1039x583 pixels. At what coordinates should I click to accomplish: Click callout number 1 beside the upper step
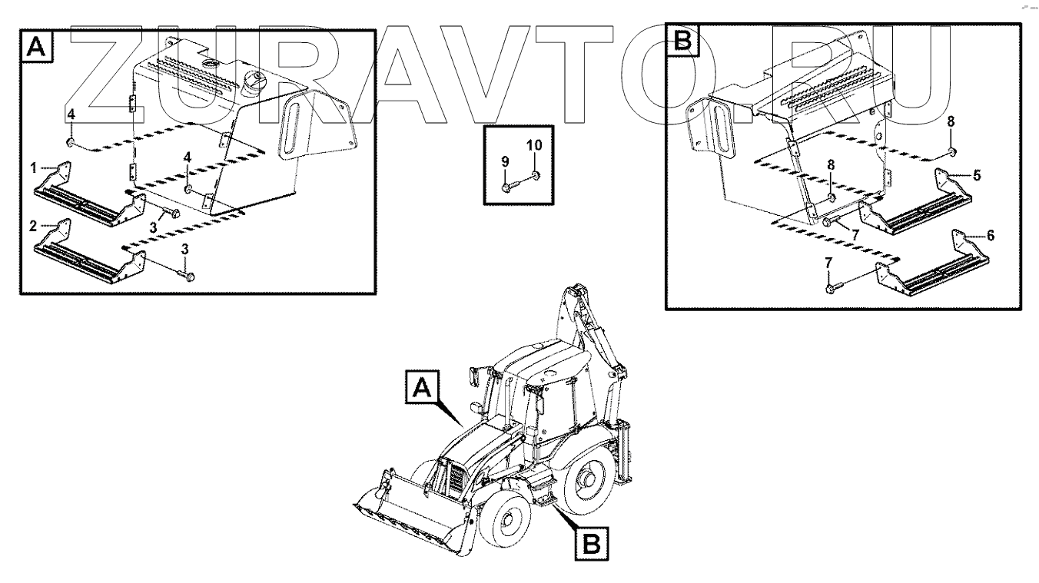coord(33,167)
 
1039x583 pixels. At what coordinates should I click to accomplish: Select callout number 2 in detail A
coord(33,226)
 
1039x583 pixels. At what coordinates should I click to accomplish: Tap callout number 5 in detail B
coord(977,176)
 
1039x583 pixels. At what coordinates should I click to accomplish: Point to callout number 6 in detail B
coord(991,236)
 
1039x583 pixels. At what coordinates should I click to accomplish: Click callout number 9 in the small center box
coord(505,162)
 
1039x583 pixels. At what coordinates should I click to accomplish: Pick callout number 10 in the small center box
coord(534,145)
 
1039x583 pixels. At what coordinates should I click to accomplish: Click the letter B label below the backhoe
coord(592,544)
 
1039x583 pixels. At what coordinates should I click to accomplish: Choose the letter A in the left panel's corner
coord(37,46)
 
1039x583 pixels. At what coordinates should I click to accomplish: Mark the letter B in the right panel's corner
coord(682,40)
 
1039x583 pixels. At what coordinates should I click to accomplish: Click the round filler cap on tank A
coord(255,81)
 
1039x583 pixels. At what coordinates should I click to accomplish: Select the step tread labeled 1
coord(89,196)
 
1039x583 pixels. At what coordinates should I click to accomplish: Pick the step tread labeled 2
coord(89,254)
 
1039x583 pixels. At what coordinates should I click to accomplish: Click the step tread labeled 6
coord(931,267)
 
